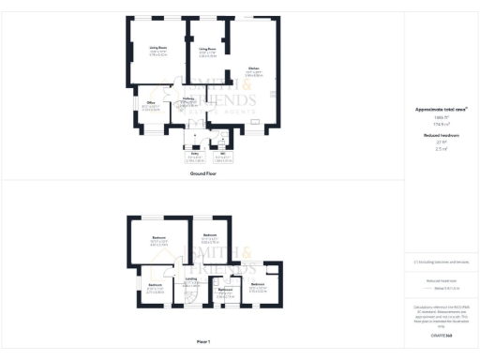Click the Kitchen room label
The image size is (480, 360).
[x=253, y=68]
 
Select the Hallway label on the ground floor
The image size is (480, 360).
[x=187, y=97]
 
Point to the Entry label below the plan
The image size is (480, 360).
[x=194, y=153]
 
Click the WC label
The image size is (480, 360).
[x=223, y=153]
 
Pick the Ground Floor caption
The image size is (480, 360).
[x=203, y=173]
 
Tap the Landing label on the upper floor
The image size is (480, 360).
[x=191, y=278]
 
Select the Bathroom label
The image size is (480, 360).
[x=225, y=289]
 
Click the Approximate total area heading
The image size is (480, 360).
[x=441, y=110]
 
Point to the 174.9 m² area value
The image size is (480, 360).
[x=441, y=124]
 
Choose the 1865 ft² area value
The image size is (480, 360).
[x=441, y=117]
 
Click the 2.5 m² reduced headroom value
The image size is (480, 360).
[x=441, y=148]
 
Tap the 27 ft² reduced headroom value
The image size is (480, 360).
[x=441, y=142]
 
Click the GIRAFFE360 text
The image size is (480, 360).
[x=441, y=334]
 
